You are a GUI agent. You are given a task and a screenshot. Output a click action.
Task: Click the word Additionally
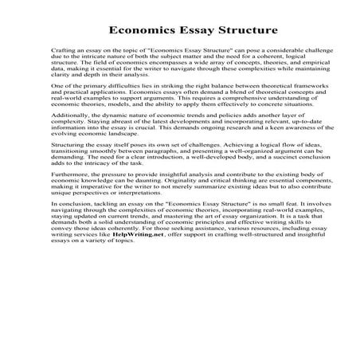pyautogui.click(x=68, y=136)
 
